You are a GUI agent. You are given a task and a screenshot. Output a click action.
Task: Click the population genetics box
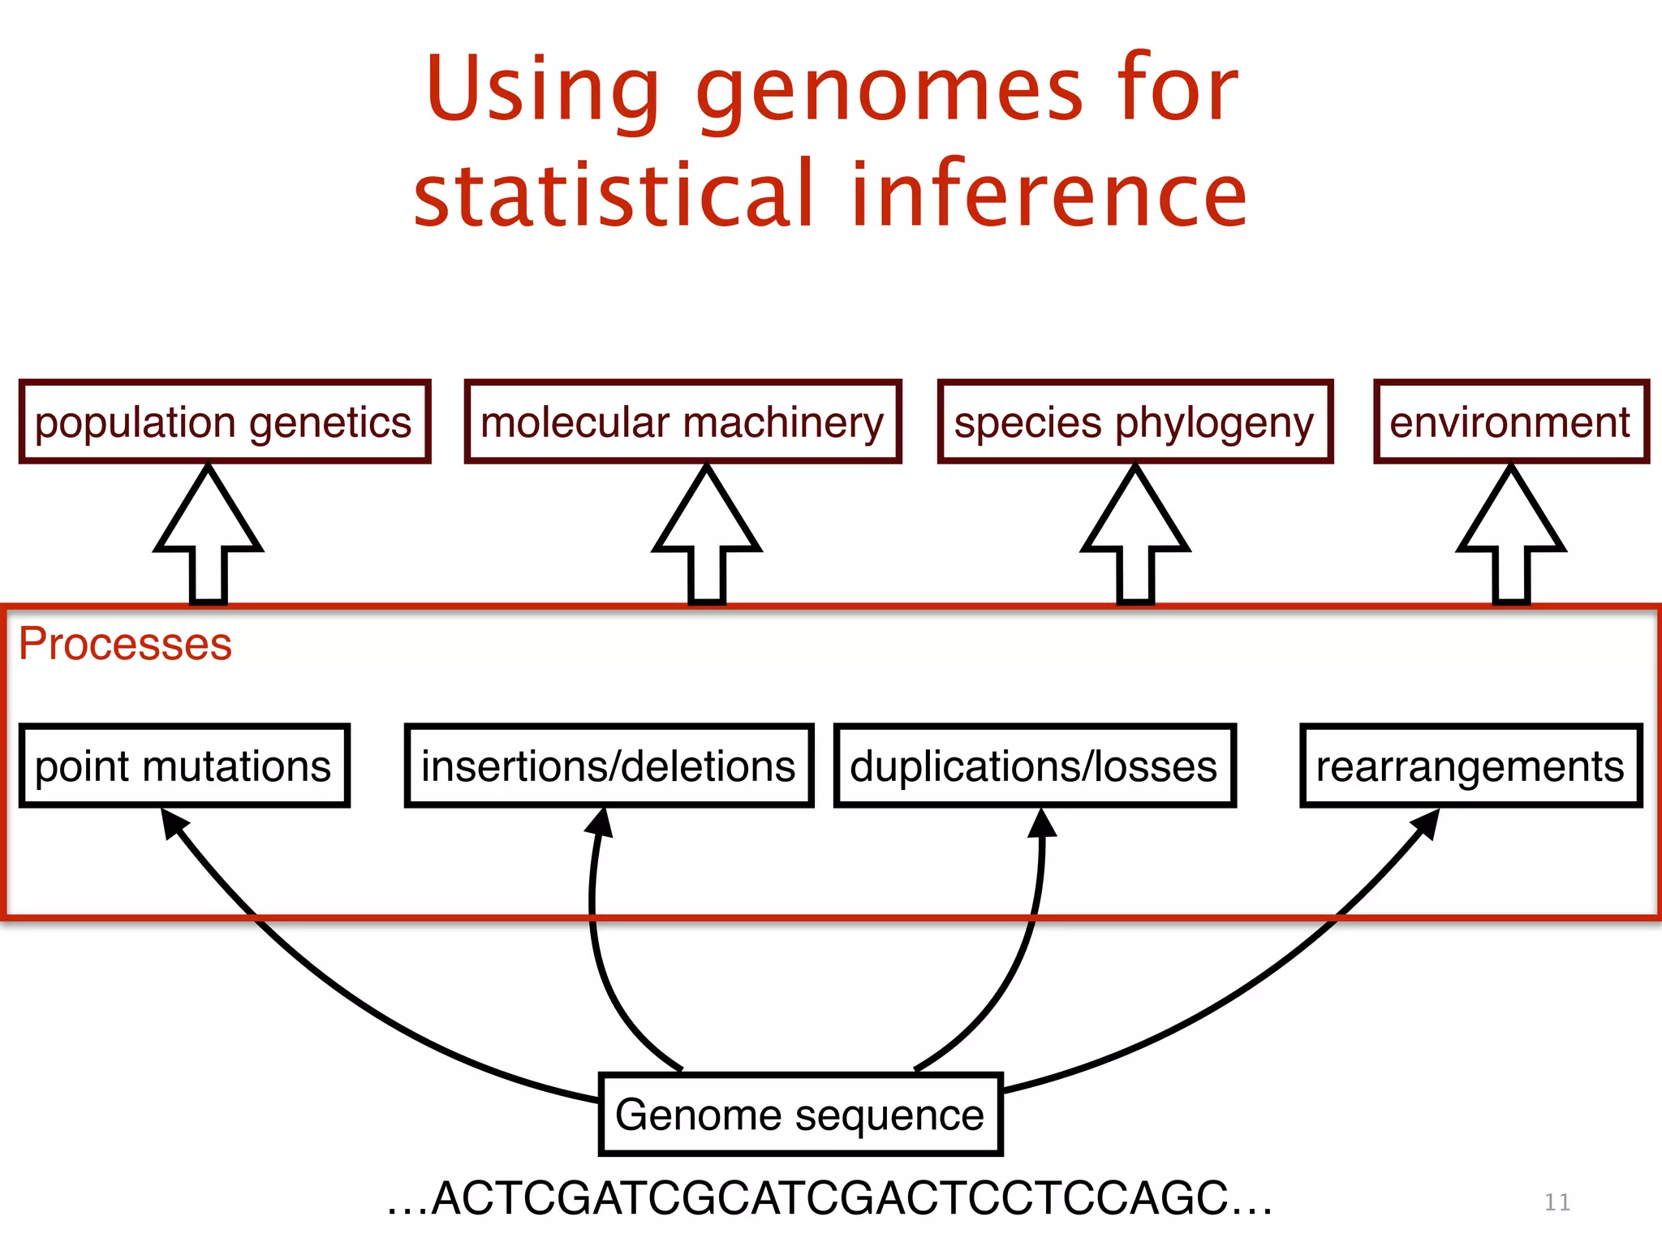coord(224,421)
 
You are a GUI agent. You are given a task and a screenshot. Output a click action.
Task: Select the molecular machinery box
coord(682,421)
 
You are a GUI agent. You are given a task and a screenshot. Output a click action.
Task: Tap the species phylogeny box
coord(1135,421)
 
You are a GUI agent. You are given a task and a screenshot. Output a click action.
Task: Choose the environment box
coord(1510,421)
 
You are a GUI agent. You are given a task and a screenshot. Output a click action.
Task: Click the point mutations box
coord(184,766)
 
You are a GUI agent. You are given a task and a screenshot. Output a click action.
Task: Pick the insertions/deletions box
coord(609,766)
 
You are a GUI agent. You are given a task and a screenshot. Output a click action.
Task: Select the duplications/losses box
coord(1035,766)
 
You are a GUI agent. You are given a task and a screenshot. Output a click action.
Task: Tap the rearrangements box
coord(1470,766)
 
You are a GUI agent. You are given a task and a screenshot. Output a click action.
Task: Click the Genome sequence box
coord(800,1114)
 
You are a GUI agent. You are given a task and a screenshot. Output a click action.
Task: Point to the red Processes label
coord(125,644)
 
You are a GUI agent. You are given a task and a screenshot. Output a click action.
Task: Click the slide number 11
coord(1557,1202)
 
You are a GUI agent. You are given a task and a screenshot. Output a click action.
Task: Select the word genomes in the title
coord(889,91)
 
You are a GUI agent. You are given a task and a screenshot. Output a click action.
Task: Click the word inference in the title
coord(1048,195)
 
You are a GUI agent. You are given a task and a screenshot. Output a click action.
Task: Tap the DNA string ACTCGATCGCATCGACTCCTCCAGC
coord(829,1198)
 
